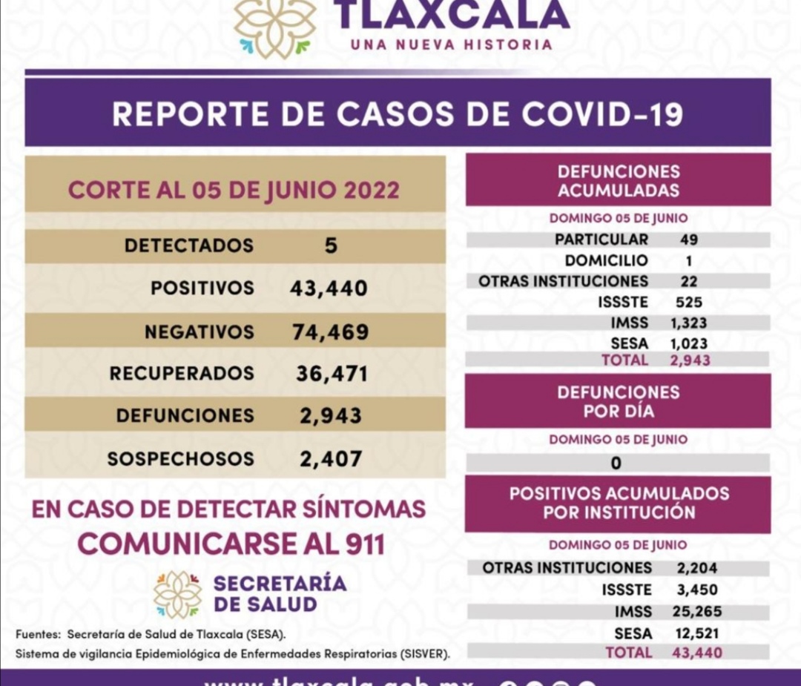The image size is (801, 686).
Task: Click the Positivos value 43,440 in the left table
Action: (329, 288)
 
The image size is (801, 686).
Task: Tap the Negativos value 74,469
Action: (330, 332)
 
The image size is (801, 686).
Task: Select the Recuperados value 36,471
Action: (331, 373)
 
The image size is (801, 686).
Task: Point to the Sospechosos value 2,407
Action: (331, 459)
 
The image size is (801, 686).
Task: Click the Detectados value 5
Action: (331, 245)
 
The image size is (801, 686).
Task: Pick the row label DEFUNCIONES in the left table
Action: (185, 416)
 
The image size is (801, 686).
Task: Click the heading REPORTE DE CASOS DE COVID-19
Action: (398, 115)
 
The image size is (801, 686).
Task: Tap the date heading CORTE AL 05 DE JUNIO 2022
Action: (234, 190)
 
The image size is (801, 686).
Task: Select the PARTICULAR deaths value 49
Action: (688, 240)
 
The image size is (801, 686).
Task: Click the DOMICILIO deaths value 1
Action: (689, 260)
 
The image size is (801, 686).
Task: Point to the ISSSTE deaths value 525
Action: (689, 302)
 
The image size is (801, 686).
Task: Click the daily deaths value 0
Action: (616, 464)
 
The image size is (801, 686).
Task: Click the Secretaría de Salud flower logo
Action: (177, 594)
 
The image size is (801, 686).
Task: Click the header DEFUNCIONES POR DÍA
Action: (618, 400)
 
